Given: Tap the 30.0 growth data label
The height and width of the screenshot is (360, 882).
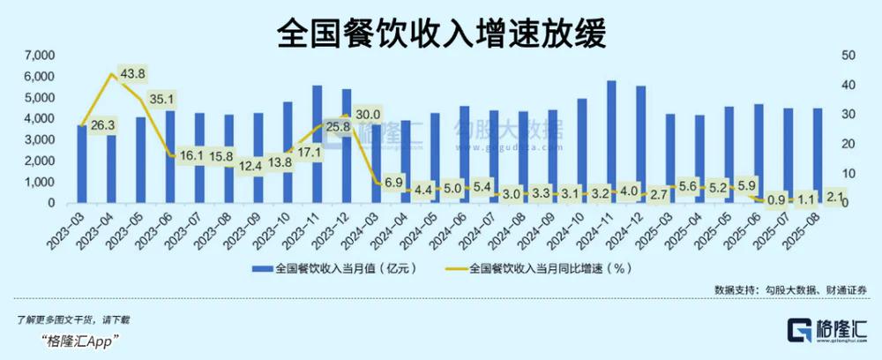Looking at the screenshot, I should (368, 115).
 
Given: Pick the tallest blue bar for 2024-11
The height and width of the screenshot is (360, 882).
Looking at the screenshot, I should (611, 141).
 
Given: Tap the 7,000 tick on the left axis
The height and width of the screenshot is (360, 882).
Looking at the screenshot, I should (39, 56).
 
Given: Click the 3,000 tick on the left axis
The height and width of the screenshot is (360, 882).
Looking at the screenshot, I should (39, 139).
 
